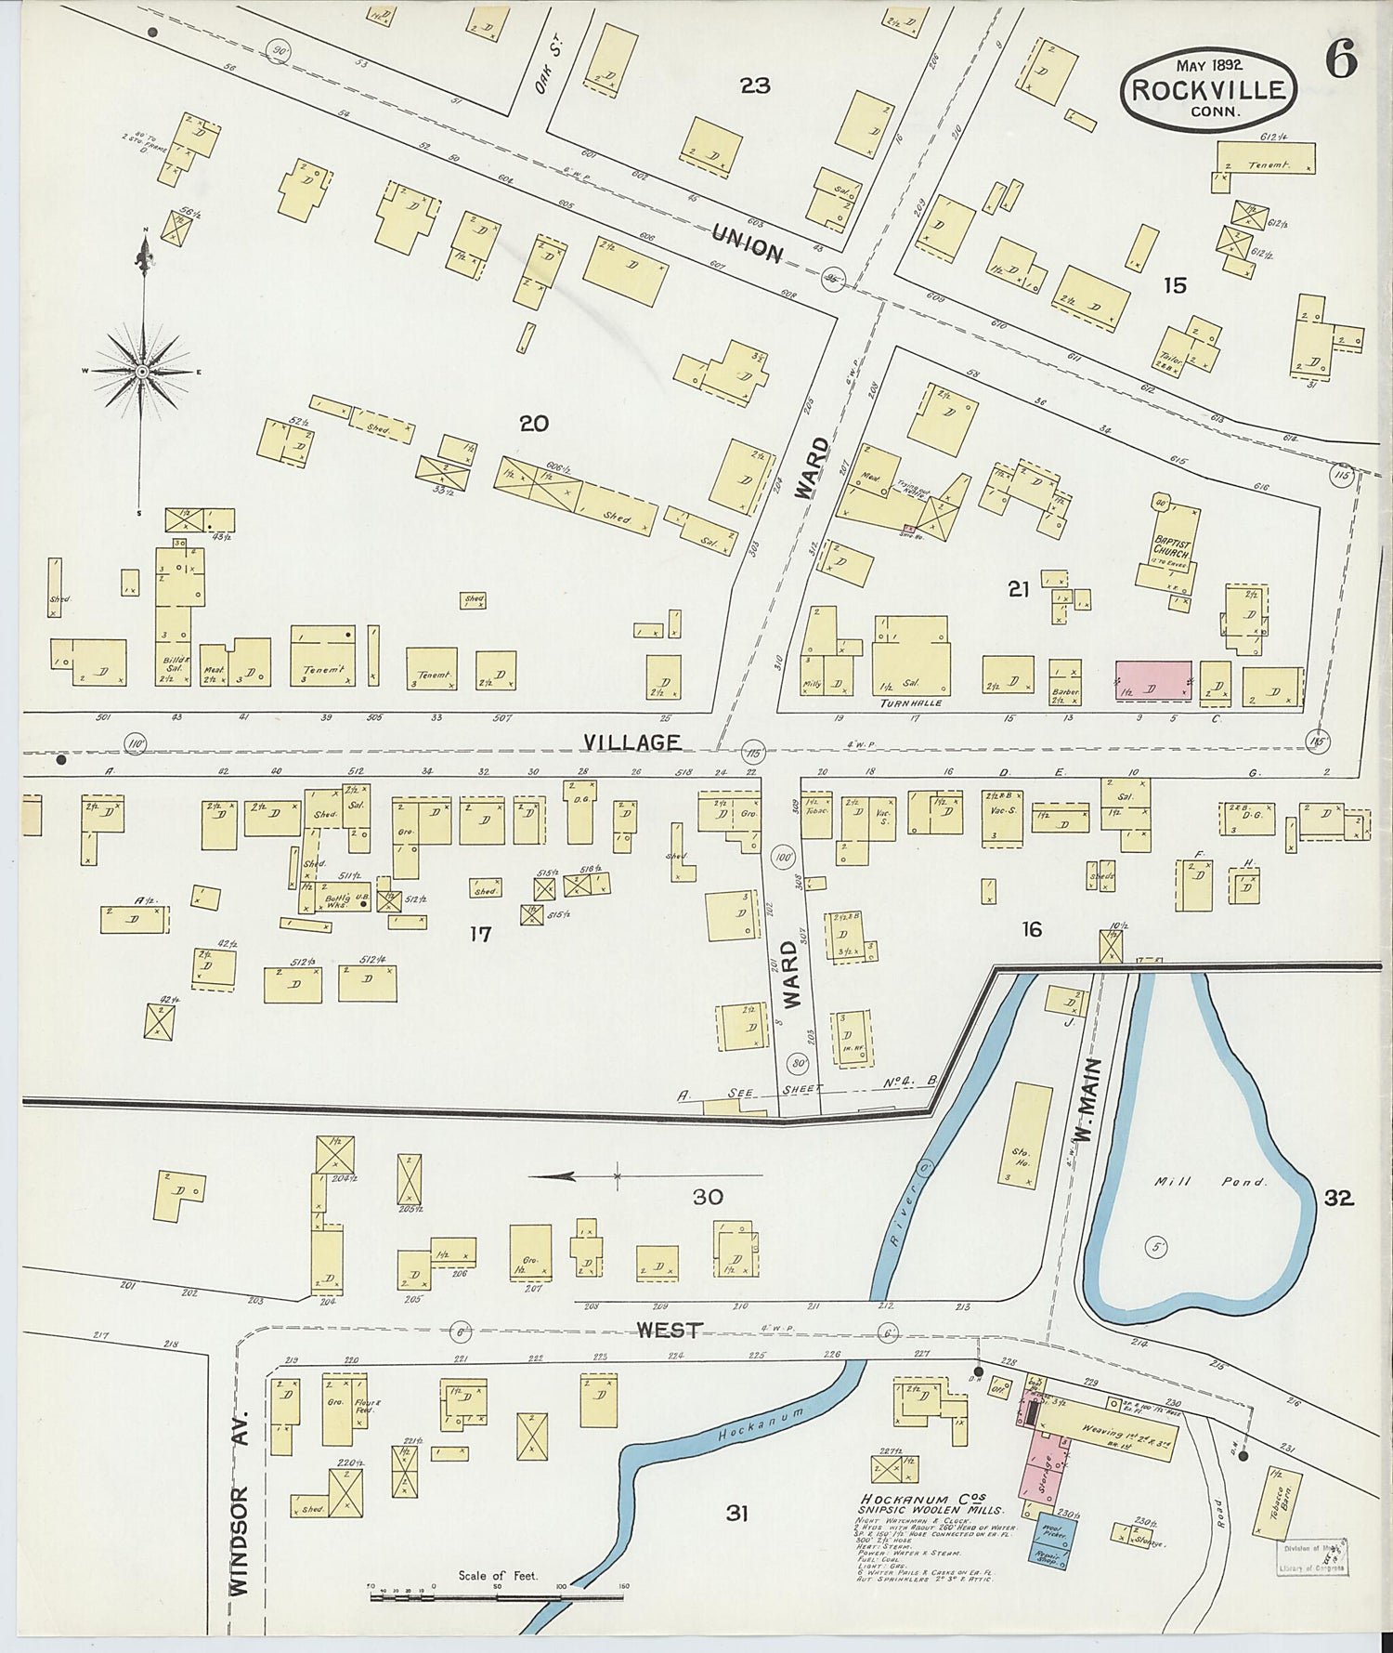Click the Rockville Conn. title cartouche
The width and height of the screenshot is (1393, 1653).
tap(1208, 90)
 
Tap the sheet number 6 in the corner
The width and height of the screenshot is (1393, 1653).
tap(1340, 61)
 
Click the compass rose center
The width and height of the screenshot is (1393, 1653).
tap(142, 372)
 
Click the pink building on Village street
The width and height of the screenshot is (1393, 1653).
tap(1153, 680)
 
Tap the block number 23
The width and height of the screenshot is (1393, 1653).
tap(755, 86)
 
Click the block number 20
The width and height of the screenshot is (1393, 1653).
tap(533, 424)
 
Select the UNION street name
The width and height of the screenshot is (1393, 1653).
tap(747, 246)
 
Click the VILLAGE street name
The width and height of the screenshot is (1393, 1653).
tap(632, 741)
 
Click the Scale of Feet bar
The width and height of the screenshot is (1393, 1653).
tap(497, 1598)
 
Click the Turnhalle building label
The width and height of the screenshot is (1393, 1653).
tap(911, 703)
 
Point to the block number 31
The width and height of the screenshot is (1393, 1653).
tap(736, 1514)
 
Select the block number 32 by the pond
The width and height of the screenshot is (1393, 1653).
tap(1338, 1199)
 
